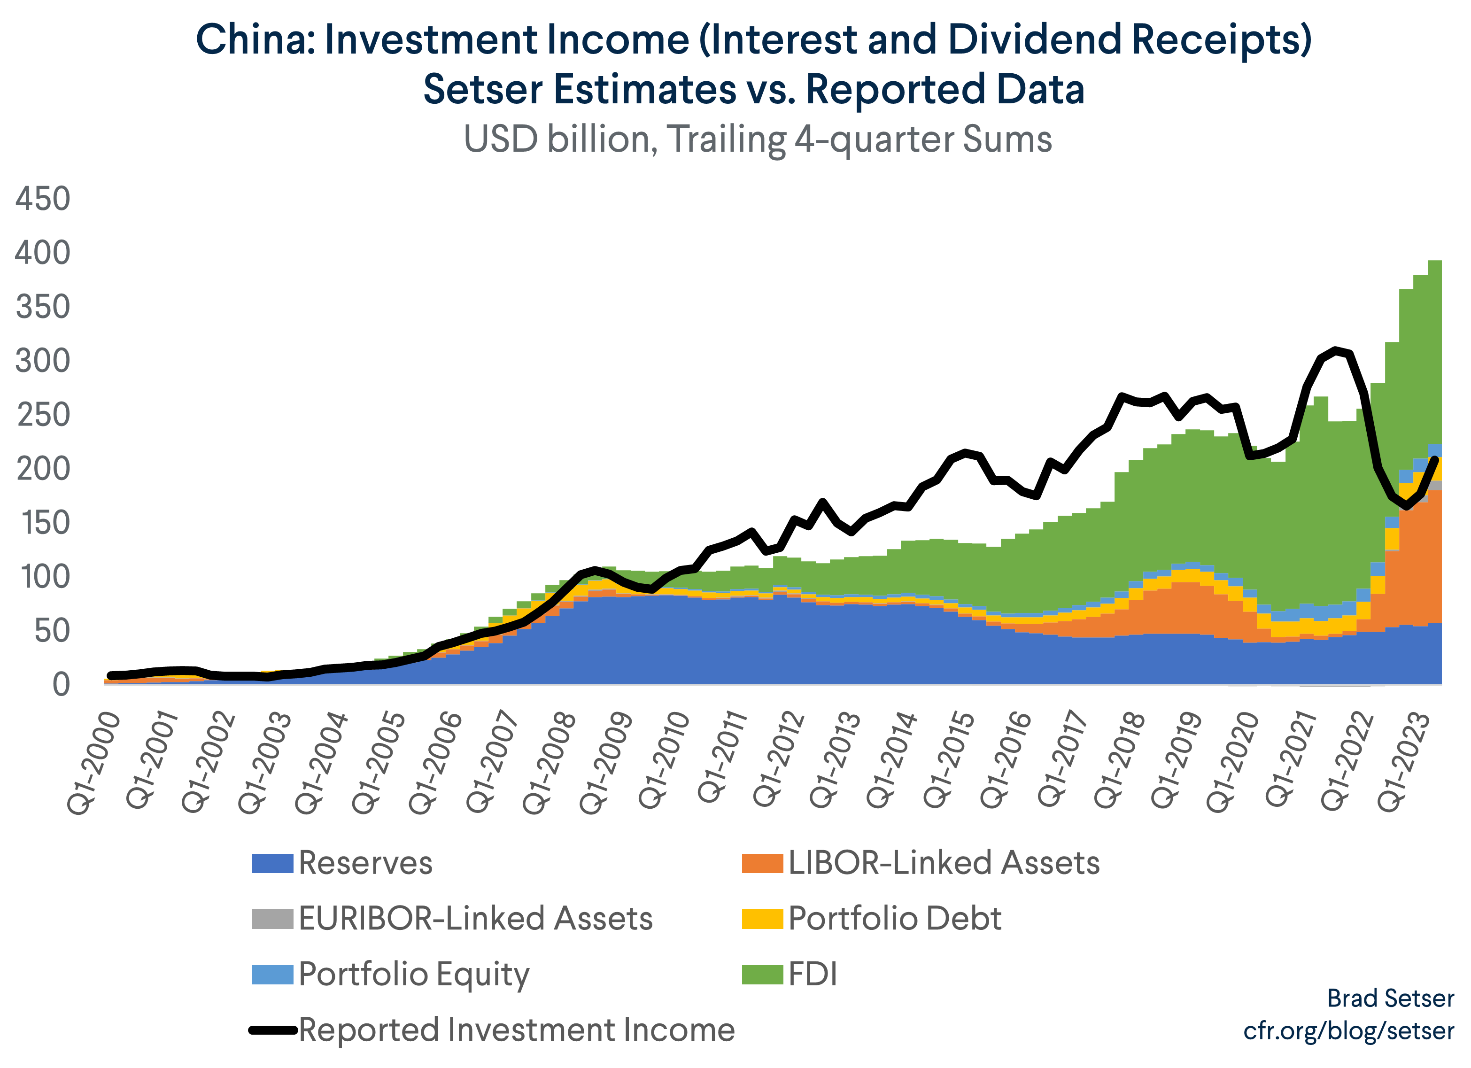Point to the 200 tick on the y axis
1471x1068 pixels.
(43, 469)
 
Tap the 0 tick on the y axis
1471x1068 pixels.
(61, 685)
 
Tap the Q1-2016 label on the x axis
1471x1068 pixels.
(1006, 760)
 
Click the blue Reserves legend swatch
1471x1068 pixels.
(272, 863)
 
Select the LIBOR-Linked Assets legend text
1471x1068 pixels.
(944, 863)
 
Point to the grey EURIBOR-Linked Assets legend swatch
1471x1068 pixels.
(272, 919)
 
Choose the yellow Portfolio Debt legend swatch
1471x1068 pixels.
(763, 919)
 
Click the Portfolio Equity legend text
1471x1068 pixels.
(414, 975)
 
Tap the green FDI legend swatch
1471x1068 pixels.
(763, 975)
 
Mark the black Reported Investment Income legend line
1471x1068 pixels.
(272, 1030)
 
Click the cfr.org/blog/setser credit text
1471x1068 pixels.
(1348, 1030)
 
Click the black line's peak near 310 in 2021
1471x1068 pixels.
(1335, 350)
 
